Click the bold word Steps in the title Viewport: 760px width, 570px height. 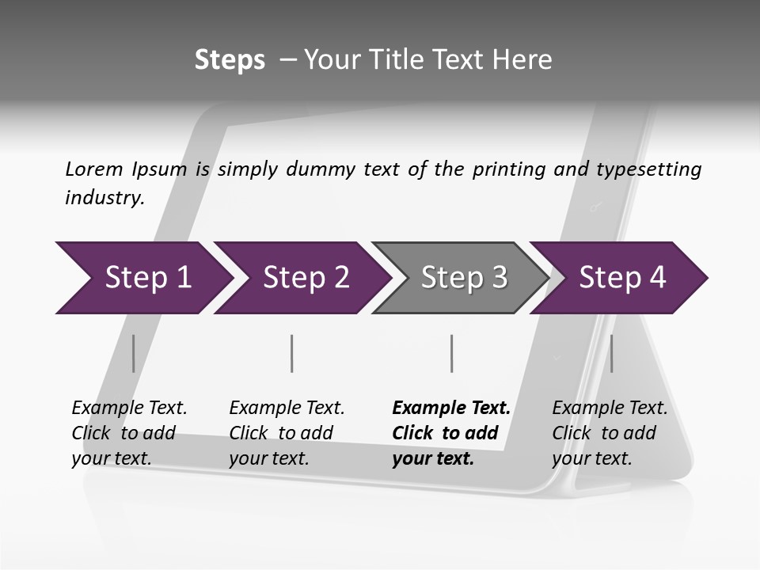point(230,59)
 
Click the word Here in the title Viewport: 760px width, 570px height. point(522,59)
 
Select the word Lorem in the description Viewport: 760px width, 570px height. point(94,169)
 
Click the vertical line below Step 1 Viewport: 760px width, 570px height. point(134,353)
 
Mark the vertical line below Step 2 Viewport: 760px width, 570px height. point(292,353)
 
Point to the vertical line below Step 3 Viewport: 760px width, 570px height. point(451,353)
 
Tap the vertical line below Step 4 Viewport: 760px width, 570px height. point(611,353)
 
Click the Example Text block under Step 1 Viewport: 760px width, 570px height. point(129,433)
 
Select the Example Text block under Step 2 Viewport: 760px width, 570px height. point(287,433)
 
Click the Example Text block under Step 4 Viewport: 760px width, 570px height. point(610,433)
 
